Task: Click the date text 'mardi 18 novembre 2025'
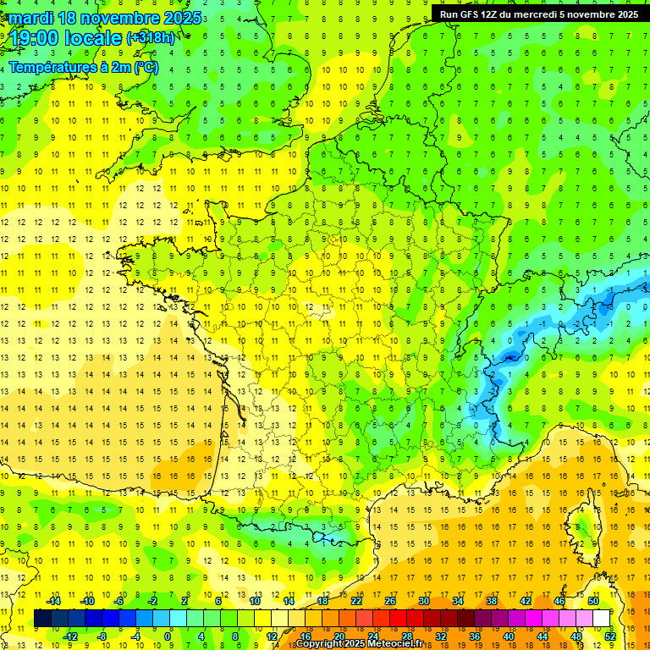[106, 18]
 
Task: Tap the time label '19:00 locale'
[66, 38]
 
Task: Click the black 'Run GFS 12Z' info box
[539, 14]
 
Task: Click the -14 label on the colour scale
[54, 601]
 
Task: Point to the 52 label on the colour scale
[610, 636]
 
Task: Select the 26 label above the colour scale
[390, 601]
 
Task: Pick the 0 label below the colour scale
[168, 636]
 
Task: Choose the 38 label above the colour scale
[492, 601]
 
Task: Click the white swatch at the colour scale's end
[601, 619]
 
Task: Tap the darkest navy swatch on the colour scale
[42, 619]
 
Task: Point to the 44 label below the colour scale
[543, 636]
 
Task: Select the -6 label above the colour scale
[119, 601]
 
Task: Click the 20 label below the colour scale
[339, 636]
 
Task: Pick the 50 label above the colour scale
[593, 601]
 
